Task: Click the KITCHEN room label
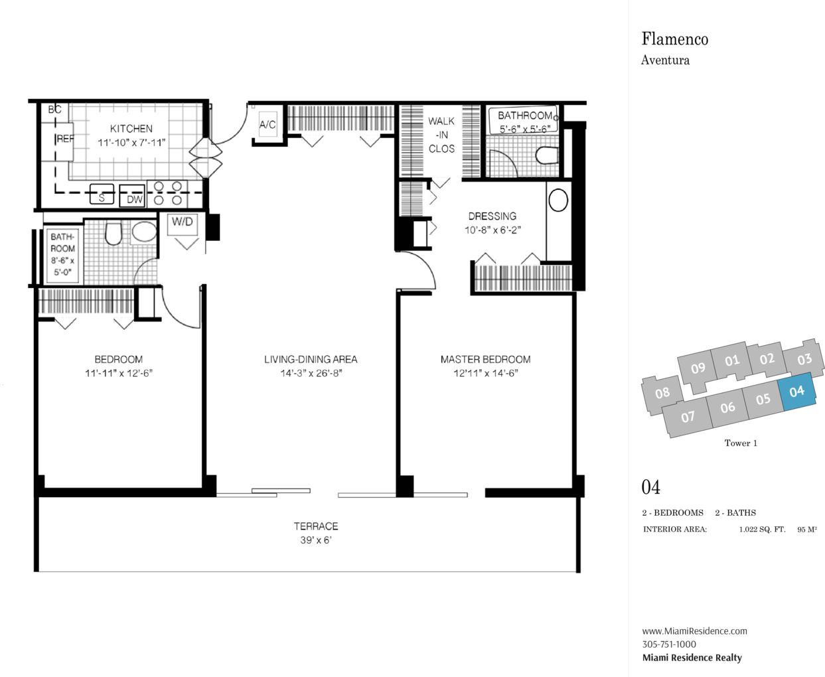coord(131,129)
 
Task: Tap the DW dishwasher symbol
coord(132,196)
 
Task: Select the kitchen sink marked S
coord(102,194)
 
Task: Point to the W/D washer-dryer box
coord(183,224)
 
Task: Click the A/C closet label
coord(267,125)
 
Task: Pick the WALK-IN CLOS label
coord(441,135)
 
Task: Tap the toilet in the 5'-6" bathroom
coord(547,155)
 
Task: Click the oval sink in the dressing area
coord(558,200)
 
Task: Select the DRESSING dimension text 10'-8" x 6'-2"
coord(492,230)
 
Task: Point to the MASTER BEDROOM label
coord(485,360)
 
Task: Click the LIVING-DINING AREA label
coord(311,360)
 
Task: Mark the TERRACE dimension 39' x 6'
coord(316,540)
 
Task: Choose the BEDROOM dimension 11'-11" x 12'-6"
coord(119,373)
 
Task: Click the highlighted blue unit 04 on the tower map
coord(797,391)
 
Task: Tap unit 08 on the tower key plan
coord(662,393)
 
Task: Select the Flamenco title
coord(675,39)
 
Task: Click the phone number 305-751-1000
coord(669,644)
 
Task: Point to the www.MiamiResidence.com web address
coord(694,631)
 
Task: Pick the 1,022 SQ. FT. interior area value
coord(762,530)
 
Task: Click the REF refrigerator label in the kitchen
coord(65,139)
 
